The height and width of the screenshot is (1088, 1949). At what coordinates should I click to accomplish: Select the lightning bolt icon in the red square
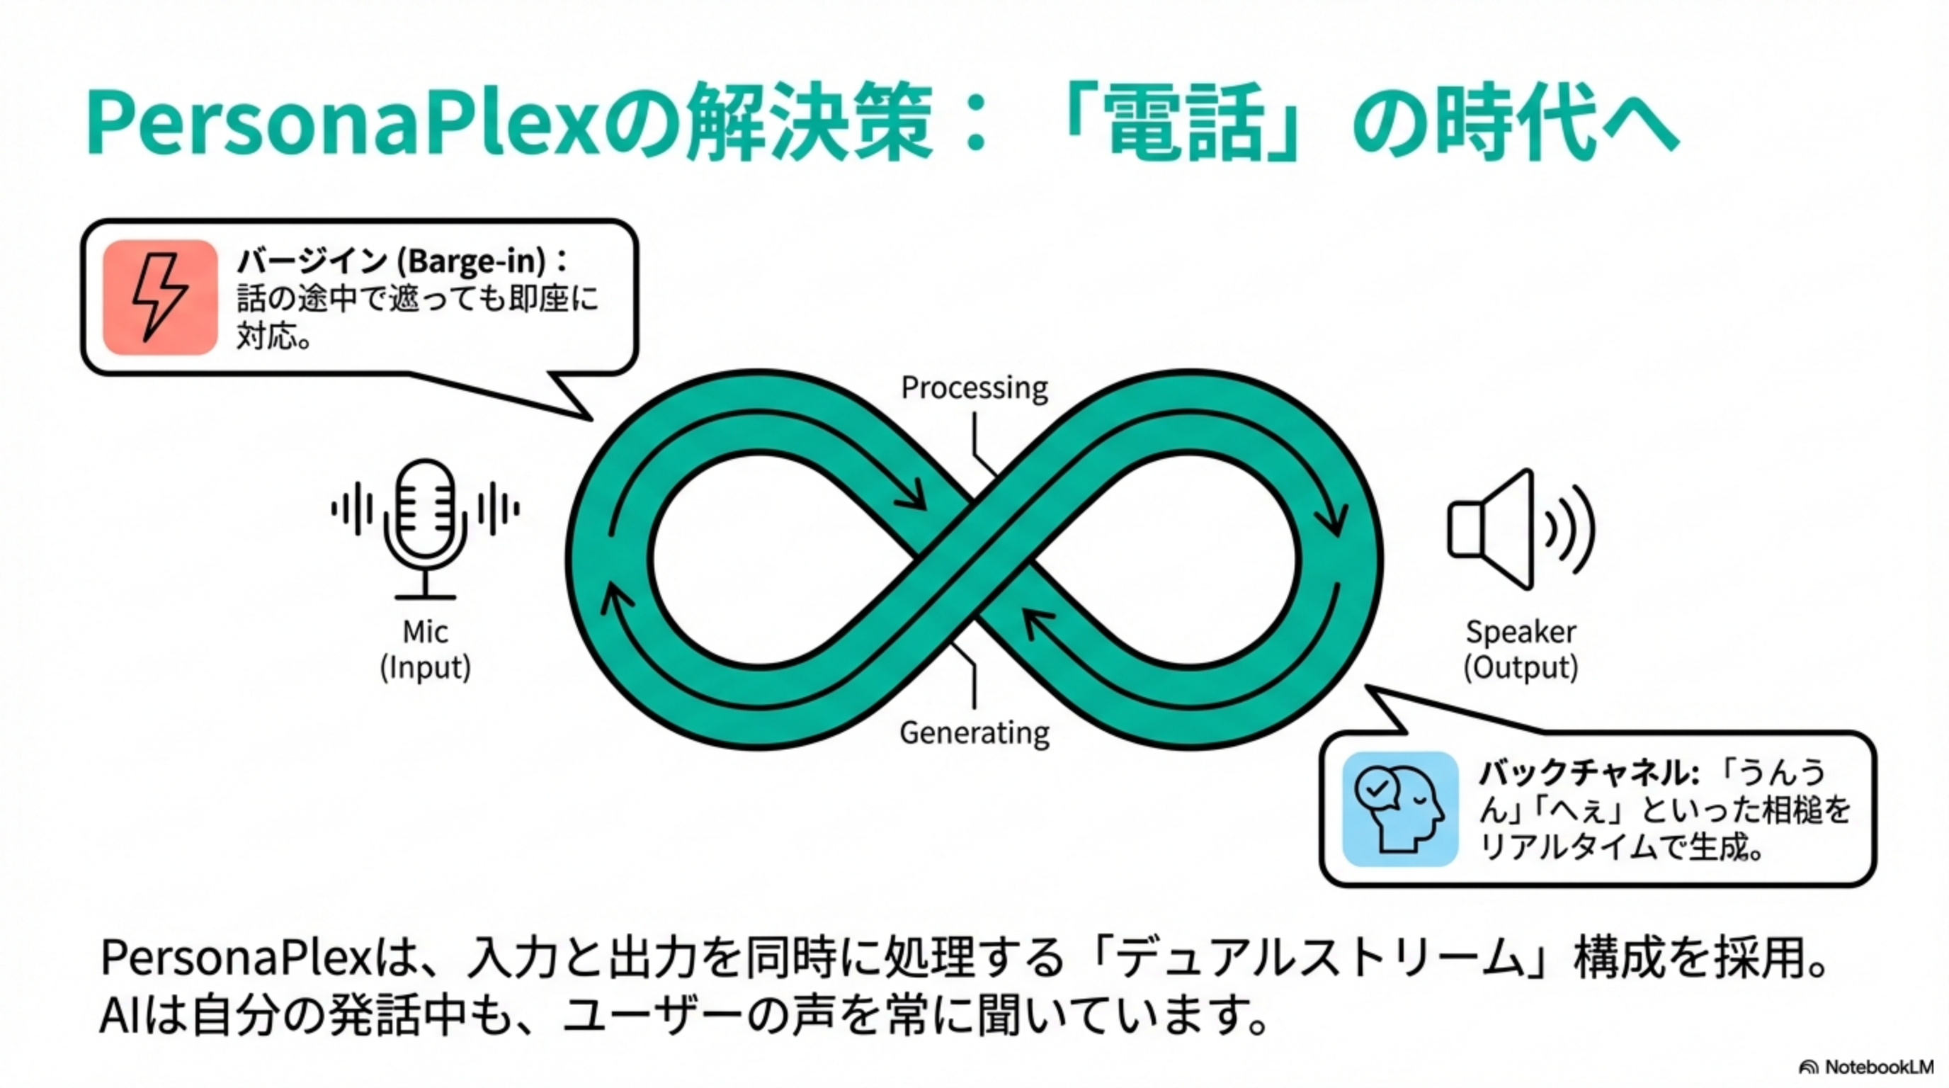pyautogui.click(x=159, y=297)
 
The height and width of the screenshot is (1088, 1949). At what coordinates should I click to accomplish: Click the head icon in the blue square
pyautogui.click(x=1399, y=809)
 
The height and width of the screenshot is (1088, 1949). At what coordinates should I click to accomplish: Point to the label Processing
pyautogui.click(x=974, y=388)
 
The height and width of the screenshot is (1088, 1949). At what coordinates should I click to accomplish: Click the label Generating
pyautogui.click(x=974, y=732)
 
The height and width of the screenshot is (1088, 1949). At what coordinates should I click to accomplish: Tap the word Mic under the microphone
pyautogui.click(x=424, y=632)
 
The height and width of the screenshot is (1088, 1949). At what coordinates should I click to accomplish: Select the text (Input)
pyautogui.click(x=424, y=667)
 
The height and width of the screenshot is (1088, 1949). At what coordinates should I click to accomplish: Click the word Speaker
pyautogui.click(x=1521, y=632)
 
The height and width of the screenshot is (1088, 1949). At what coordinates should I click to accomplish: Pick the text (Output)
pyautogui.click(x=1521, y=667)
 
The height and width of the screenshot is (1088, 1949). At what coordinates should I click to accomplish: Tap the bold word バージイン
pyautogui.click(x=312, y=262)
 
